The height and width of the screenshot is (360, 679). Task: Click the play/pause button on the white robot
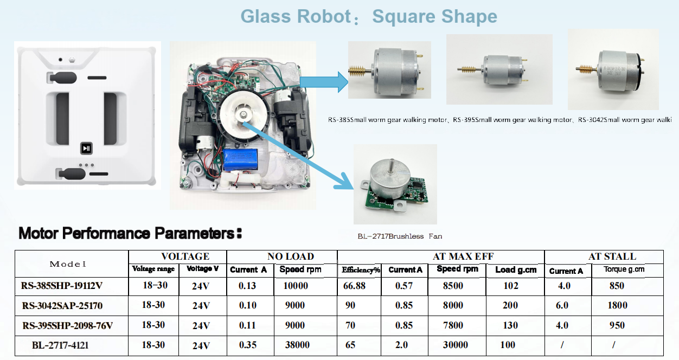pos(86,148)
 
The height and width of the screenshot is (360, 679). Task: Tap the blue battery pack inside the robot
pos(240,160)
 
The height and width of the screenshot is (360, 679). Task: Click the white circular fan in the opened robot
pos(244,114)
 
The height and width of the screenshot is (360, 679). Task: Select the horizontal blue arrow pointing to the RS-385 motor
pos(324,82)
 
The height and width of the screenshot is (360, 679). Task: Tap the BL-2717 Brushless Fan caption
pos(400,236)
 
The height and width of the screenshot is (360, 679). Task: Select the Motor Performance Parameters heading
pos(130,233)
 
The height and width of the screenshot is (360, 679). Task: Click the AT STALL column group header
pos(612,256)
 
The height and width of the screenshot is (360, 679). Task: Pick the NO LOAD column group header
pos(290,256)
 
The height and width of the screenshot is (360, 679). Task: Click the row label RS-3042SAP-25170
pos(62,305)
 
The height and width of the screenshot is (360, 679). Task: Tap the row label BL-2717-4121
pos(60,345)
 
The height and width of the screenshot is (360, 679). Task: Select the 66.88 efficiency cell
pos(354,286)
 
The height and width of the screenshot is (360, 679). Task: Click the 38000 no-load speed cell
pos(297,345)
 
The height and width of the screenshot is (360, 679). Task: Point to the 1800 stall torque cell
pos(617,305)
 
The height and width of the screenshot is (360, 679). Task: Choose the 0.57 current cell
pos(403,286)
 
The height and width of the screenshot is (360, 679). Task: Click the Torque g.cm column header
pos(624,269)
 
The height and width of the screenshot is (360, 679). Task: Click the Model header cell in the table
pos(68,264)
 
